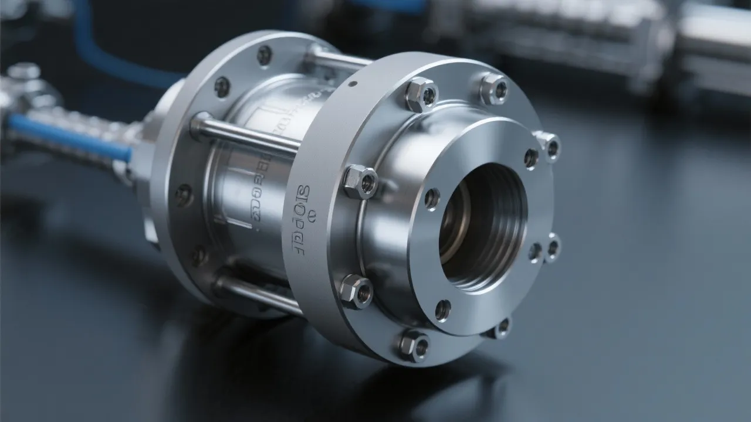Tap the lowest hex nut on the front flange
click(x=414, y=345)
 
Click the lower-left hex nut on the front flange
click(x=357, y=290)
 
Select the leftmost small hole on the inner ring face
click(x=432, y=199)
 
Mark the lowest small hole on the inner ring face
click(x=443, y=309)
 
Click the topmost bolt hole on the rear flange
click(x=265, y=55)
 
